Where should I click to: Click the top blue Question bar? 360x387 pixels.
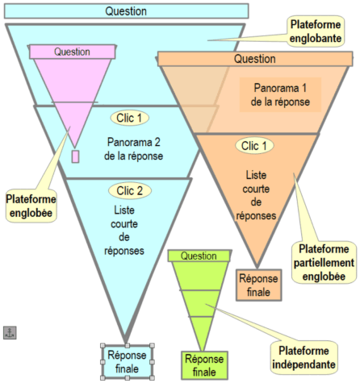(126, 11)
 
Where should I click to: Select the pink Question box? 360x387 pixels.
(72, 52)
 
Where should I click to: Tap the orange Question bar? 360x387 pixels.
(255, 59)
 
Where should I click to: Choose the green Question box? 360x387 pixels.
(199, 256)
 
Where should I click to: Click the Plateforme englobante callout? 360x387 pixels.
(316, 31)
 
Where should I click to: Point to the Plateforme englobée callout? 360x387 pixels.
(31, 206)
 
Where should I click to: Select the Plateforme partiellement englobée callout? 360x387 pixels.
(324, 263)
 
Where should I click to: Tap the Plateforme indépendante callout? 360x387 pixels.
(304, 357)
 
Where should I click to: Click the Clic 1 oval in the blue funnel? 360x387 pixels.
(129, 118)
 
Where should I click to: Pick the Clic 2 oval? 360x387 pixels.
(130, 191)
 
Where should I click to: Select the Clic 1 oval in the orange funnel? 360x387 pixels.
(254, 146)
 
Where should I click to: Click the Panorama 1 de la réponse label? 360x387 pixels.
(280, 95)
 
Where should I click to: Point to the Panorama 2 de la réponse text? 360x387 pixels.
(134, 149)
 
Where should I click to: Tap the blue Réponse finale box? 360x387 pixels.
(127, 362)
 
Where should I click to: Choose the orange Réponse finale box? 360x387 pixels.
(258, 285)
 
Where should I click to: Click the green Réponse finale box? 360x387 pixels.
(204, 365)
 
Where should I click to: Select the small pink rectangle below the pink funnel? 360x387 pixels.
(75, 156)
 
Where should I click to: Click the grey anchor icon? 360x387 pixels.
(10, 333)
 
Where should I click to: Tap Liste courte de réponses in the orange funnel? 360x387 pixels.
(256, 195)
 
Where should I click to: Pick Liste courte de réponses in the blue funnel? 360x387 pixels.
(124, 231)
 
